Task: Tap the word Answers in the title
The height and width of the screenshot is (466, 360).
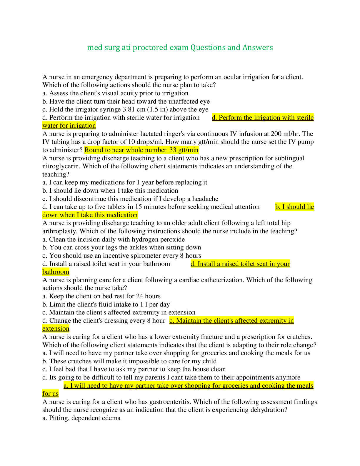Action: (x=258, y=47)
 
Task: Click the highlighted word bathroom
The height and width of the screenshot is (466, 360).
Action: (x=56, y=272)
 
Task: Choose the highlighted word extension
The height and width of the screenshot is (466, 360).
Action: (x=56, y=329)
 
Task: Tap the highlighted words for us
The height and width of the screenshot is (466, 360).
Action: (x=50, y=394)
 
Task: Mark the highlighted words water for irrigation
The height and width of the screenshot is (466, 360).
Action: (x=69, y=125)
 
